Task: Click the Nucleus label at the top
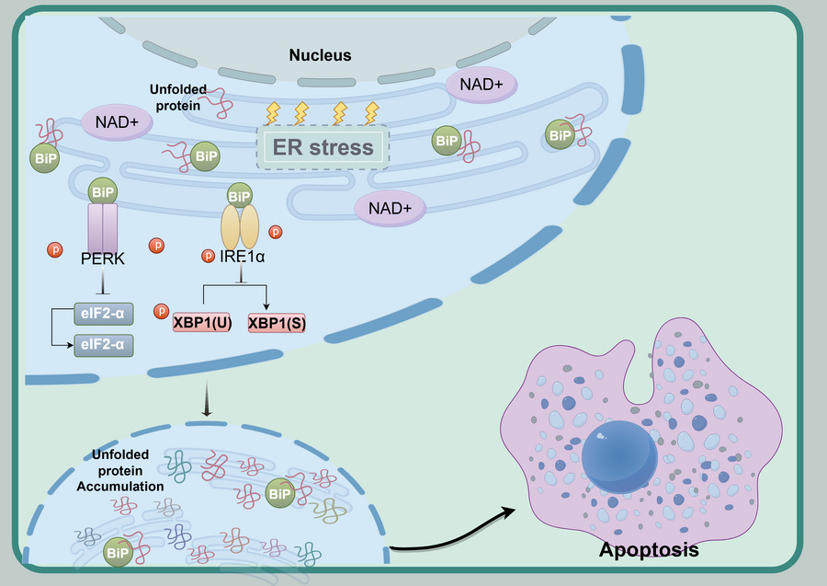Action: (x=320, y=55)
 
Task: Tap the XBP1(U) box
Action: (x=202, y=322)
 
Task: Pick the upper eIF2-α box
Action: (x=103, y=316)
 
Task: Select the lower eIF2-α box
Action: (x=103, y=345)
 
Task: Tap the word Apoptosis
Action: (x=649, y=551)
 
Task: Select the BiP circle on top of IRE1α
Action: (x=239, y=195)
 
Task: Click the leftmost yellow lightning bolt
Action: (x=272, y=113)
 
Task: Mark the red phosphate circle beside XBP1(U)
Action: (x=162, y=311)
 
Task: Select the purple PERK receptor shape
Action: (x=102, y=230)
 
